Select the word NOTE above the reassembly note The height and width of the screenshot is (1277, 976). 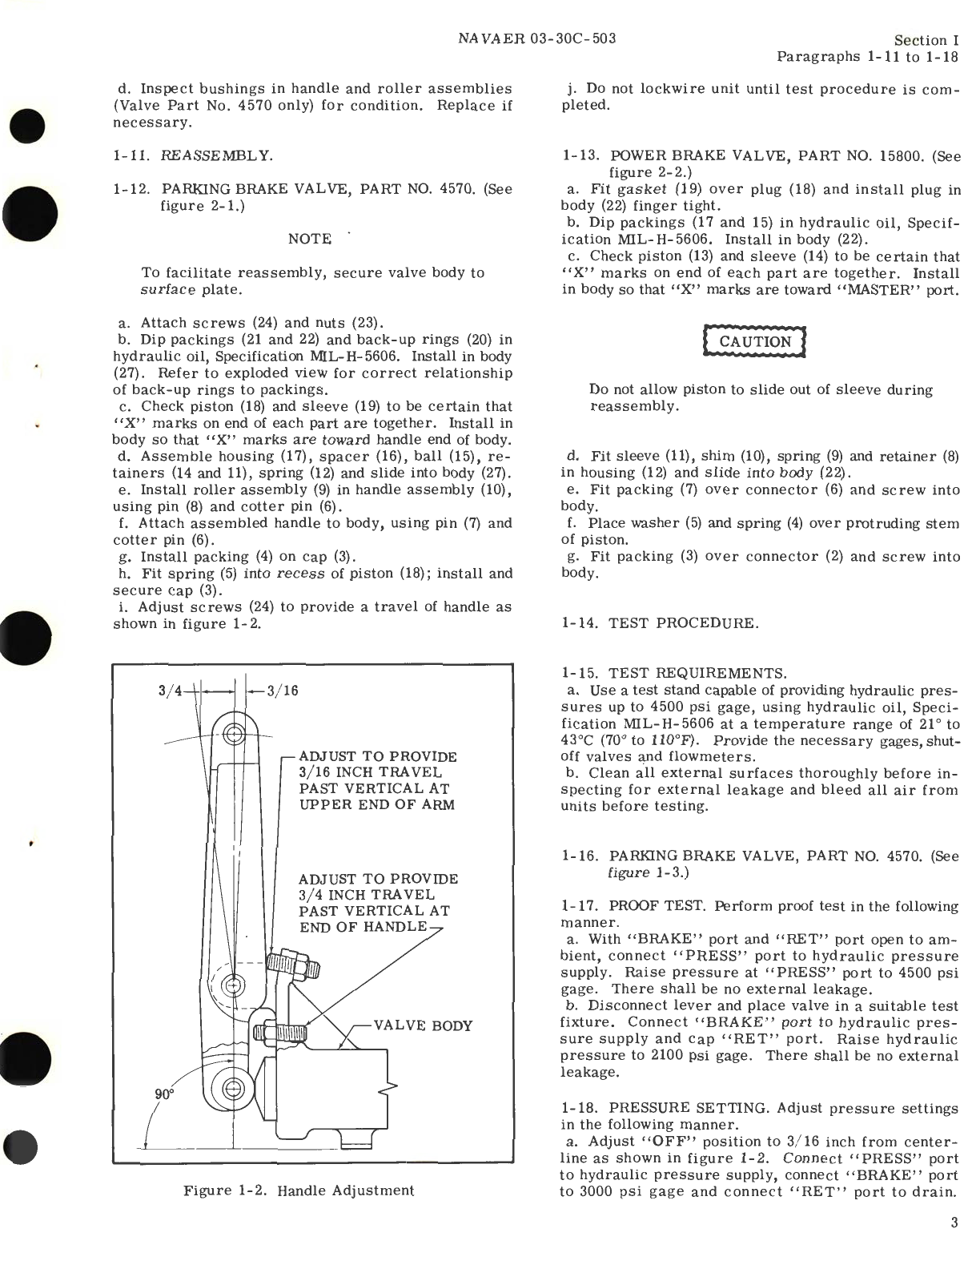[310, 239]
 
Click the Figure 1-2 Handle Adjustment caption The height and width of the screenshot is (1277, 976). [299, 1190]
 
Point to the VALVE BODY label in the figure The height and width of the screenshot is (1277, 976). [423, 1026]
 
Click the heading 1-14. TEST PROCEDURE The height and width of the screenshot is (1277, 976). [659, 622]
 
